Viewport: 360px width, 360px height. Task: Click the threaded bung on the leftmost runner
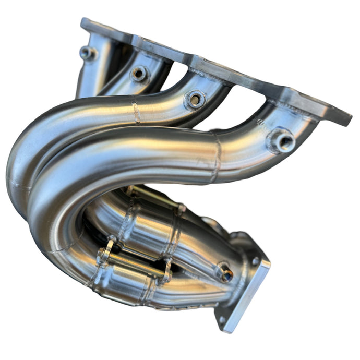(87, 53)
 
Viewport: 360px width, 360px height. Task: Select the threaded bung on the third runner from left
(195, 99)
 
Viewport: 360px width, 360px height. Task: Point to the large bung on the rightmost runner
(281, 140)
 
